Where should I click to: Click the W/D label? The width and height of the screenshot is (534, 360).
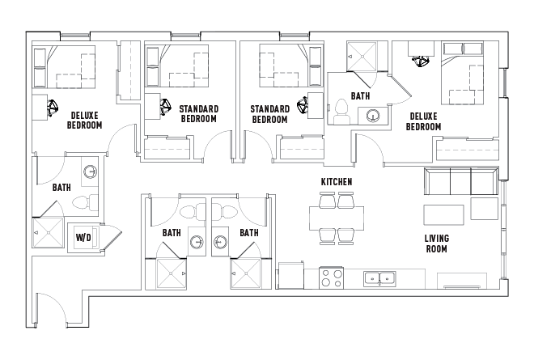click(83, 237)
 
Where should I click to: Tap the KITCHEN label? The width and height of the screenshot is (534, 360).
click(337, 182)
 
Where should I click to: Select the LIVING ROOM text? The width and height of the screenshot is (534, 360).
click(437, 244)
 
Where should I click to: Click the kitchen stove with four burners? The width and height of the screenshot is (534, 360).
click(332, 278)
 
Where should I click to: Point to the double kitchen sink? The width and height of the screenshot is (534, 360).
click(379, 279)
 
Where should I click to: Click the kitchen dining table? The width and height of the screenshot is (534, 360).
click(337, 218)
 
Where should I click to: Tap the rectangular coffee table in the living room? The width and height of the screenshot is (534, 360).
click(443, 215)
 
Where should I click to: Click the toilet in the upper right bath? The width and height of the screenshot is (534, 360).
click(341, 112)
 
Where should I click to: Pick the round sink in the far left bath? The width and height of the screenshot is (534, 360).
click(91, 172)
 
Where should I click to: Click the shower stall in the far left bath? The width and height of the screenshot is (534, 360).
click(48, 233)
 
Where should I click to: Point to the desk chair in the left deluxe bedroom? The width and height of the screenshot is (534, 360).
click(53, 108)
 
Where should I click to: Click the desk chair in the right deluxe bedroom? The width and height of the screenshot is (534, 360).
click(422, 61)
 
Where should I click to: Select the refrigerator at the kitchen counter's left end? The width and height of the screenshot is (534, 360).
click(291, 275)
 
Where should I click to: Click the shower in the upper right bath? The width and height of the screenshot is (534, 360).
click(362, 56)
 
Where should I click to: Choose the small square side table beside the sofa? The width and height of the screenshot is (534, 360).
click(485, 209)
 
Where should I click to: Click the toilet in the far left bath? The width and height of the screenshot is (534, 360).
click(85, 202)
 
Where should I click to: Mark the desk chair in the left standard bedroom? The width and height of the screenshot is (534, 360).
click(165, 107)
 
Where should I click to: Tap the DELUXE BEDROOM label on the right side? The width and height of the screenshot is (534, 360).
click(423, 121)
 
